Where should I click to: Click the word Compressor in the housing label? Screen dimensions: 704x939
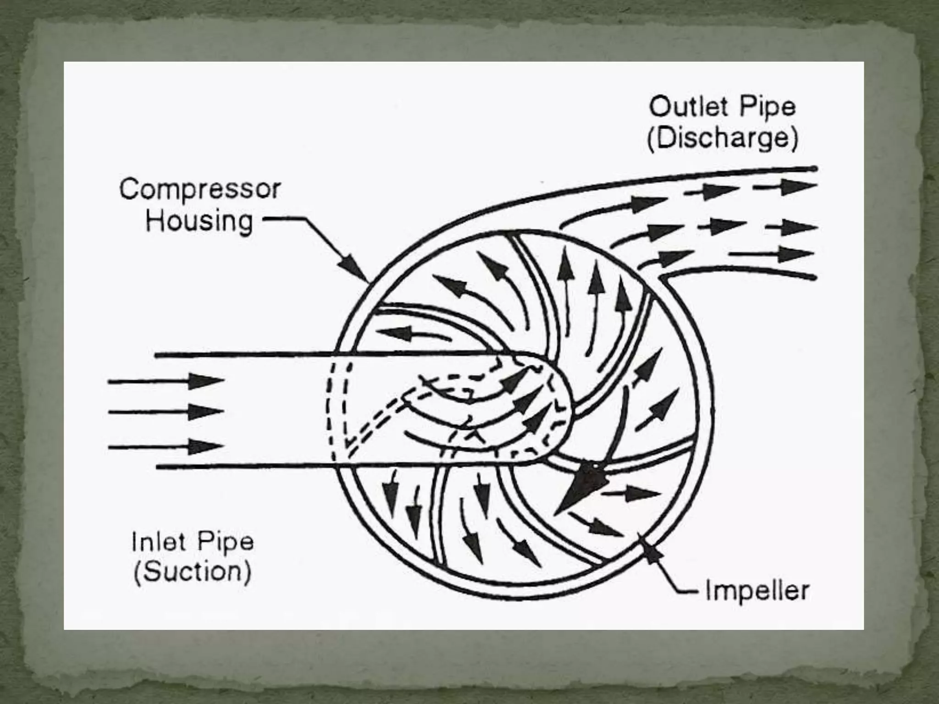[x=200, y=190]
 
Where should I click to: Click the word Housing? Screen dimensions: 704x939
[x=199, y=221]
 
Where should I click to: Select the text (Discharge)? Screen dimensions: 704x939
[x=722, y=138]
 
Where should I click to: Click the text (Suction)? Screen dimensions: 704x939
[x=192, y=572]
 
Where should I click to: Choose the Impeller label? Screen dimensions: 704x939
[x=757, y=591]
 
